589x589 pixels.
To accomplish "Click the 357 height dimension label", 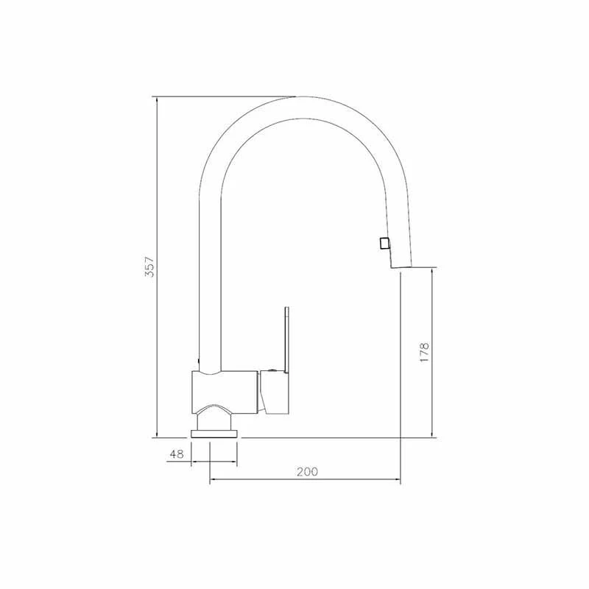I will (x=148, y=267).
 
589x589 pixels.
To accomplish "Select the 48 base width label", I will (x=177, y=454).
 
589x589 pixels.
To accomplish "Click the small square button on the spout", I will (x=382, y=244).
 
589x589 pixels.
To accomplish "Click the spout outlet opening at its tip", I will (x=400, y=269).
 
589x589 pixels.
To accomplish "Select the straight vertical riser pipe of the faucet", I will (x=210, y=280).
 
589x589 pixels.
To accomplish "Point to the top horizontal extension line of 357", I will (x=221, y=96).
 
